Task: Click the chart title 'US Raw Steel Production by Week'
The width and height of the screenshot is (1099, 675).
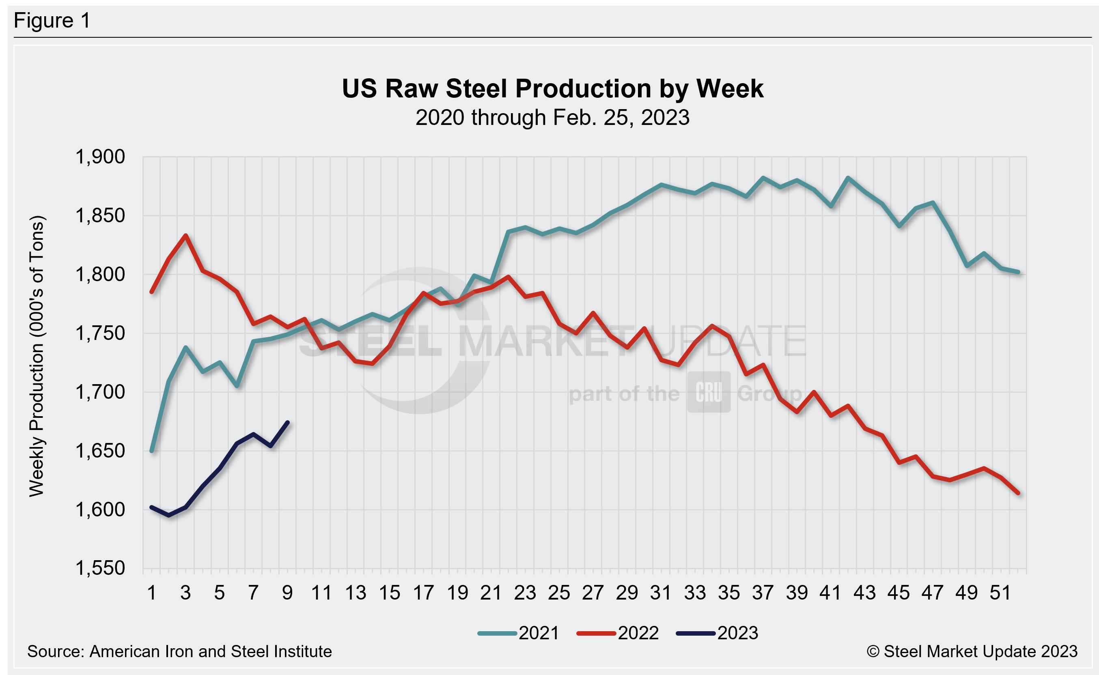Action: pos(552,88)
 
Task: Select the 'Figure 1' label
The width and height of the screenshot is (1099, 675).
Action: pos(52,21)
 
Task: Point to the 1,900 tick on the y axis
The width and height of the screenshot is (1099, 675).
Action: pos(100,157)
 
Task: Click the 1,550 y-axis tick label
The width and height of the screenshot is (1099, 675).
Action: pos(100,568)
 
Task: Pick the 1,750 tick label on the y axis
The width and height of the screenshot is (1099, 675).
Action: pos(100,333)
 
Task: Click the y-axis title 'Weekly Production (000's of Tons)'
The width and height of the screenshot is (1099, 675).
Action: pos(37,356)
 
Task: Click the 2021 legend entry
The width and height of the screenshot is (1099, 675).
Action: pos(518,634)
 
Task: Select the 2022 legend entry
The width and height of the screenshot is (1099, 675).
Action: pos(618,634)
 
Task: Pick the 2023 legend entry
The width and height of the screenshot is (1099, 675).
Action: pos(717,634)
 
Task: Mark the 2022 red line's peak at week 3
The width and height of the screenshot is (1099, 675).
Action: pos(186,236)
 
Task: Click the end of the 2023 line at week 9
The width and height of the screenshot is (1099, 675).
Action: pos(288,422)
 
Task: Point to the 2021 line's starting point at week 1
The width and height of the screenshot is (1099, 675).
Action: pos(152,451)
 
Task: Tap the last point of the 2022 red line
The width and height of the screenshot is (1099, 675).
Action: pos(1018,493)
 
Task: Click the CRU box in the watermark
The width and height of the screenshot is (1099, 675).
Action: pos(709,392)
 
